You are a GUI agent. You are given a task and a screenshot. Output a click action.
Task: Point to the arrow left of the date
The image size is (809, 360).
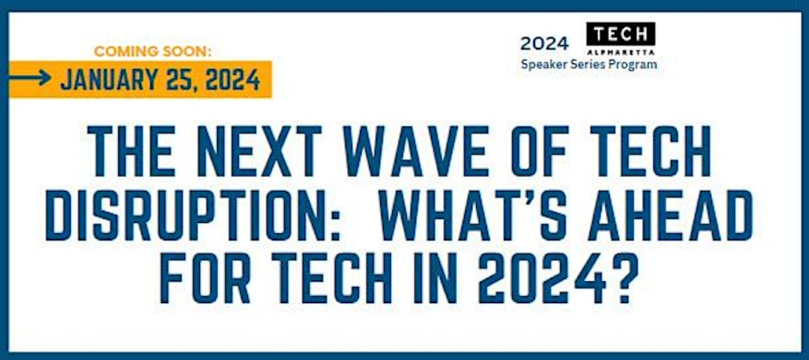click(x=30, y=78)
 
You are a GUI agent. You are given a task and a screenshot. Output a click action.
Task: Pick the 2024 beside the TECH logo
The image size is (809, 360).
click(x=544, y=44)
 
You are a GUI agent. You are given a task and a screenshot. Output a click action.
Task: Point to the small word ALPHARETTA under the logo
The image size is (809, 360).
click(x=622, y=53)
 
